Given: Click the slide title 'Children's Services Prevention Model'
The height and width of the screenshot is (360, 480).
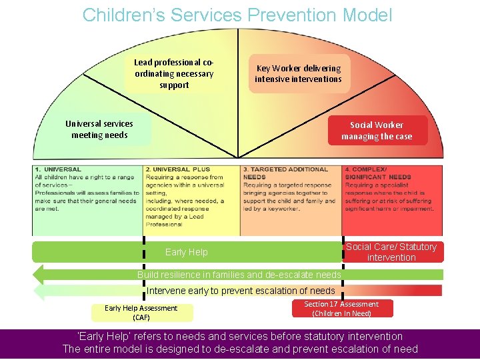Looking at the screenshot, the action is (x=237, y=15).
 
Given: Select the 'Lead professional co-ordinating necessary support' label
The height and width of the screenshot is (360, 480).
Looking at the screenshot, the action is (x=174, y=73).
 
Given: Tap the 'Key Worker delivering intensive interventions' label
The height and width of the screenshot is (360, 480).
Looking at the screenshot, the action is (x=298, y=73).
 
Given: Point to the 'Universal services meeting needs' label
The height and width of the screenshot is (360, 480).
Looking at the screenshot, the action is (x=99, y=129).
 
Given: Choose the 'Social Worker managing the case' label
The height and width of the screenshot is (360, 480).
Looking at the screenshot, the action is (x=377, y=131).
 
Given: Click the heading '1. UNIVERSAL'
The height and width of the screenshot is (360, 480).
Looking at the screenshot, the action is (x=59, y=169).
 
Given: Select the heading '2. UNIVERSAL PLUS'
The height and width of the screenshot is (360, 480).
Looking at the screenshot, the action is (x=178, y=169).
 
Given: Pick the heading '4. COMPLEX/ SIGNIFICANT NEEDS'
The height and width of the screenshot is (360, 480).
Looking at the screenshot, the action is (x=379, y=173).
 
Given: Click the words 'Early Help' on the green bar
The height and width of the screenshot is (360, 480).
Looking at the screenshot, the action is (x=186, y=252).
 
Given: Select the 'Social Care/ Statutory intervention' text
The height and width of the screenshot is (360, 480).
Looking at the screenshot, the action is (x=391, y=252).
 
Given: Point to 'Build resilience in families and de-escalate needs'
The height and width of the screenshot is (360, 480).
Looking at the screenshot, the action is (x=239, y=275).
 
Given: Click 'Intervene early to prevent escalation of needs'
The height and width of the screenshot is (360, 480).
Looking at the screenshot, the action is (x=241, y=291).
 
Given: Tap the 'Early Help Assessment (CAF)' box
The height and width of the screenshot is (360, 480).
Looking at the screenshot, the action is (x=141, y=313).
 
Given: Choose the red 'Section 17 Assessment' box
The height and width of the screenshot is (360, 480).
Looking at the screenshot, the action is (x=341, y=309).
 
